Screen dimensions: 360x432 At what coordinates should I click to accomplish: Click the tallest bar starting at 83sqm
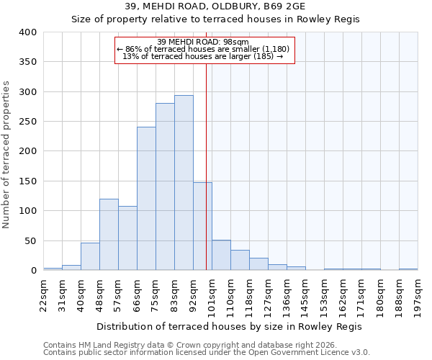pyautogui.click(x=184, y=183)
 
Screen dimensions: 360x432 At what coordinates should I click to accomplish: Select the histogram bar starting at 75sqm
pyautogui.click(x=165, y=186)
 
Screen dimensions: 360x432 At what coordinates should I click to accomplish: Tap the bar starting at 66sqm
pyautogui.click(x=146, y=199)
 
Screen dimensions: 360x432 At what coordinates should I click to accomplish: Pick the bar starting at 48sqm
pyautogui.click(x=109, y=235)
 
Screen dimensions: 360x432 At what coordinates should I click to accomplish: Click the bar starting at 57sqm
pyautogui.click(x=127, y=238)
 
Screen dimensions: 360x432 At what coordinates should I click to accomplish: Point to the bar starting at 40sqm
pyautogui.click(x=90, y=256)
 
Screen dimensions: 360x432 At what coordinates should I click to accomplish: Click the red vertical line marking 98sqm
pyautogui.click(x=207, y=166)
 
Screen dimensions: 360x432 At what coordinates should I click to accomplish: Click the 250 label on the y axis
pyautogui.click(x=27, y=122)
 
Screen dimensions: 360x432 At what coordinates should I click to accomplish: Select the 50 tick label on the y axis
pyautogui.click(x=30, y=240)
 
